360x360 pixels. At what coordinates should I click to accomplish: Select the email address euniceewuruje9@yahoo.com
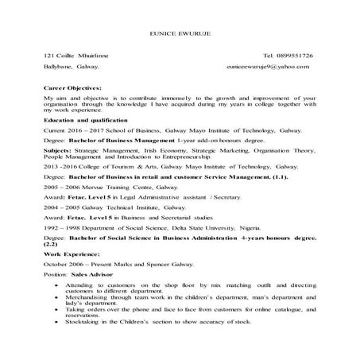point(266,69)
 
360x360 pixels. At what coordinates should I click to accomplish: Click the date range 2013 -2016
point(62,168)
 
